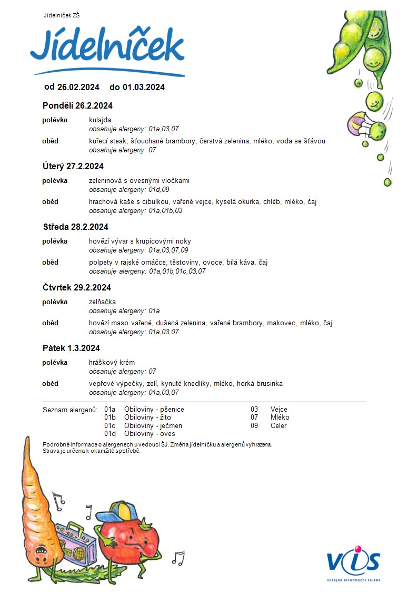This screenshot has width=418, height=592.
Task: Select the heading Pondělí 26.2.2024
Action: point(77,106)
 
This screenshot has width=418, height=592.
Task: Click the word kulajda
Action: point(100,120)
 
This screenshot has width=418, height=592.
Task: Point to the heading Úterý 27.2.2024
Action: point(73,167)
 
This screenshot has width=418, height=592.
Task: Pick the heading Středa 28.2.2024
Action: point(76,227)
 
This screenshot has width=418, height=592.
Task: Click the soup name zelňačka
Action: point(102,302)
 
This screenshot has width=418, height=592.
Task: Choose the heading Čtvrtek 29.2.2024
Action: point(77,288)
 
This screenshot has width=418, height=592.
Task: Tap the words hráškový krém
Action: point(112,363)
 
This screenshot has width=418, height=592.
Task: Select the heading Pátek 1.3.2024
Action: point(71,348)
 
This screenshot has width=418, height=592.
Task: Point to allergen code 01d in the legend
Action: point(110,434)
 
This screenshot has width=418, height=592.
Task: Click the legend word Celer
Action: point(278,425)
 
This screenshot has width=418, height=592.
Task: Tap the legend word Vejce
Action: point(279,409)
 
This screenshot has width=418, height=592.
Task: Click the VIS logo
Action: point(353,563)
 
